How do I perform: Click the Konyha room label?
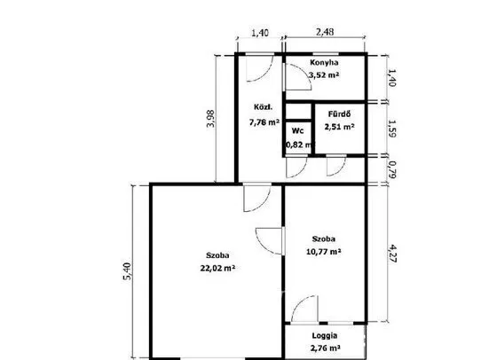pos(324,62)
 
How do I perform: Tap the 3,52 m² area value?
pos(324,75)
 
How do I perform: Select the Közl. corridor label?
pos(263,107)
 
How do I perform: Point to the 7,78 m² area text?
pos(264,122)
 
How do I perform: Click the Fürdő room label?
pos(339,114)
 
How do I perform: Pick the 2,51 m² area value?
pos(340,127)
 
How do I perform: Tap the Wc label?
pos(297,131)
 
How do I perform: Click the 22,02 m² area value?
pos(217,268)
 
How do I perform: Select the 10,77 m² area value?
pos(324,252)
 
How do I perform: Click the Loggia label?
pos(325,335)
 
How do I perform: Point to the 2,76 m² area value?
pos(325,348)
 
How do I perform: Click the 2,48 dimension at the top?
pos(325,32)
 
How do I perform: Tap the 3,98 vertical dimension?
pos(211,119)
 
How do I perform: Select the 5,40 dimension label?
pos(127,271)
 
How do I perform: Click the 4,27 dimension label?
pos(392,254)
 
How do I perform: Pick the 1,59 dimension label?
pos(392,128)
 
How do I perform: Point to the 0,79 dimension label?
pos(391,169)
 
